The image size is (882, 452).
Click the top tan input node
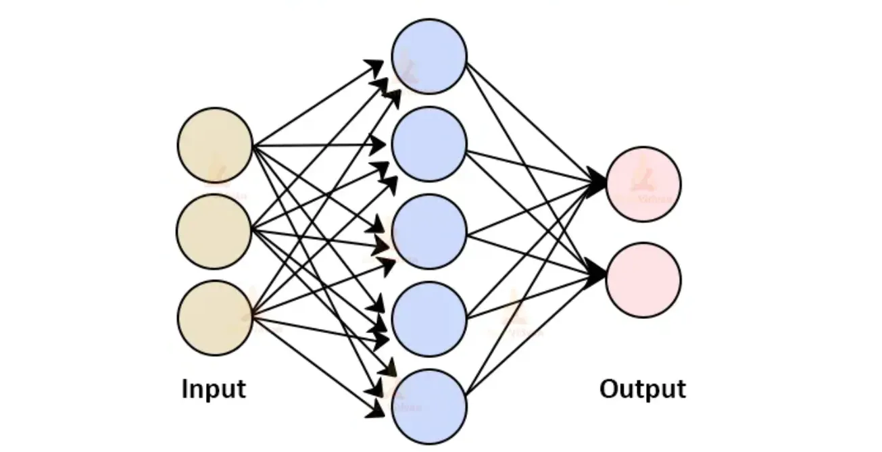click(x=215, y=145)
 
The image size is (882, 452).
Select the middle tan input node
click(x=214, y=231)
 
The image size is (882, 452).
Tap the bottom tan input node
click(x=215, y=318)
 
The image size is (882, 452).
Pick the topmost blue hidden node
click(x=429, y=56)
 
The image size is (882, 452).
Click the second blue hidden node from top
click(x=429, y=144)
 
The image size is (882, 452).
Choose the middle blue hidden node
click(x=429, y=231)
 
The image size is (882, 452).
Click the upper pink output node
click(x=643, y=184)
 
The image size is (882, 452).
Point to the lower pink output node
click(x=643, y=280)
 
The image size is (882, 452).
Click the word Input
click(x=214, y=390)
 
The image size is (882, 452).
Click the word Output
click(x=643, y=390)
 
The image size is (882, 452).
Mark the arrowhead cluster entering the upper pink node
click(x=597, y=183)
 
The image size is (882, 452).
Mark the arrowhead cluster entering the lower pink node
click(x=597, y=274)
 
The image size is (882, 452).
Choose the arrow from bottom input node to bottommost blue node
click(x=311, y=362)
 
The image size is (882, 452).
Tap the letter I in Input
click(x=185, y=390)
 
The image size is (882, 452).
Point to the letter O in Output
click(x=610, y=390)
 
